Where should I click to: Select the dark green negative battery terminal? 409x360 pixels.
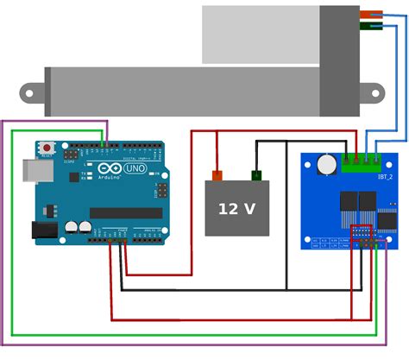256,176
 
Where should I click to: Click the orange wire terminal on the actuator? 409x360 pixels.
372,14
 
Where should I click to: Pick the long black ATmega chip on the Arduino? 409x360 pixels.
126,212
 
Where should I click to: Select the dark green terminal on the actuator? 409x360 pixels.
372,26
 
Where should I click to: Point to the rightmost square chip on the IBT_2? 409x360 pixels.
388,221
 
